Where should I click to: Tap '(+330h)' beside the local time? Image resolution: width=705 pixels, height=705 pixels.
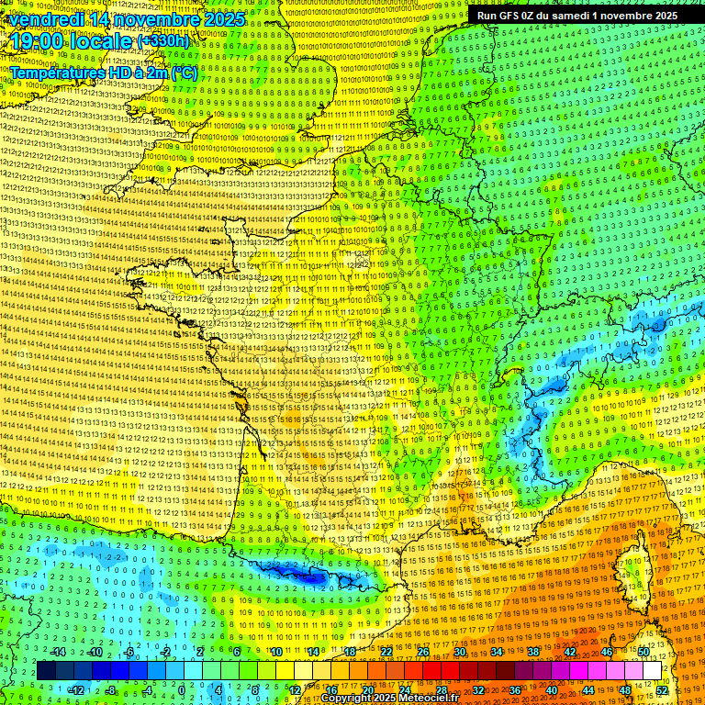click(x=162, y=40)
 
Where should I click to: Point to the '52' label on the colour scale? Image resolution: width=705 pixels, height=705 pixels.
click(x=662, y=689)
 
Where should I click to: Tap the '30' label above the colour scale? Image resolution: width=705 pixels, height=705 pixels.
click(x=459, y=652)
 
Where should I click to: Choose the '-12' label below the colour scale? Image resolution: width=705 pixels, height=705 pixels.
click(x=76, y=689)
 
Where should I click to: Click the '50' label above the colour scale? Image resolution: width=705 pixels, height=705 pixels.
click(x=643, y=652)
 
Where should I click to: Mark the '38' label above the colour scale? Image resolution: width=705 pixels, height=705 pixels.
click(x=532, y=652)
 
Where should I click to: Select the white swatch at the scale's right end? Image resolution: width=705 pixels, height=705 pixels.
click(x=652, y=671)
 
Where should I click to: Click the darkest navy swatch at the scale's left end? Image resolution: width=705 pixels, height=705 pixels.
click(x=46, y=671)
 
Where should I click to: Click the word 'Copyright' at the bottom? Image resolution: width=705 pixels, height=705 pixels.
click(x=350, y=699)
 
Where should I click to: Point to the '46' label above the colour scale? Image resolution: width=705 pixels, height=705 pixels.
click(x=606, y=652)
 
